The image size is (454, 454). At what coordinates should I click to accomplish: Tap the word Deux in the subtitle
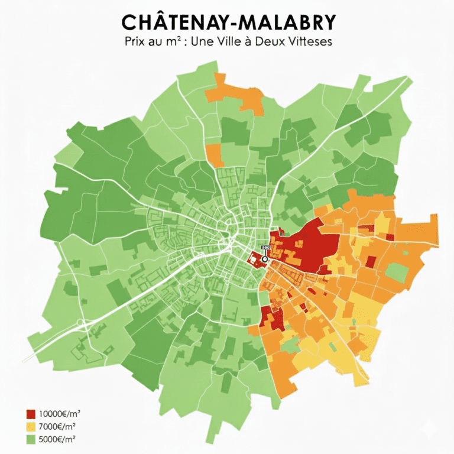[x=277, y=43]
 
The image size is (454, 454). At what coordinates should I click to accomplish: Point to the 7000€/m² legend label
[x=57, y=426]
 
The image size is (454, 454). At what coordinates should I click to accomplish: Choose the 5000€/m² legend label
[x=57, y=439]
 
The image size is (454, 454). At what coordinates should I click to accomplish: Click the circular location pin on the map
[x=264, y=258]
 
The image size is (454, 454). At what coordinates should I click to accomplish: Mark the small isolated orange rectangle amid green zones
[x=215, y=155]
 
